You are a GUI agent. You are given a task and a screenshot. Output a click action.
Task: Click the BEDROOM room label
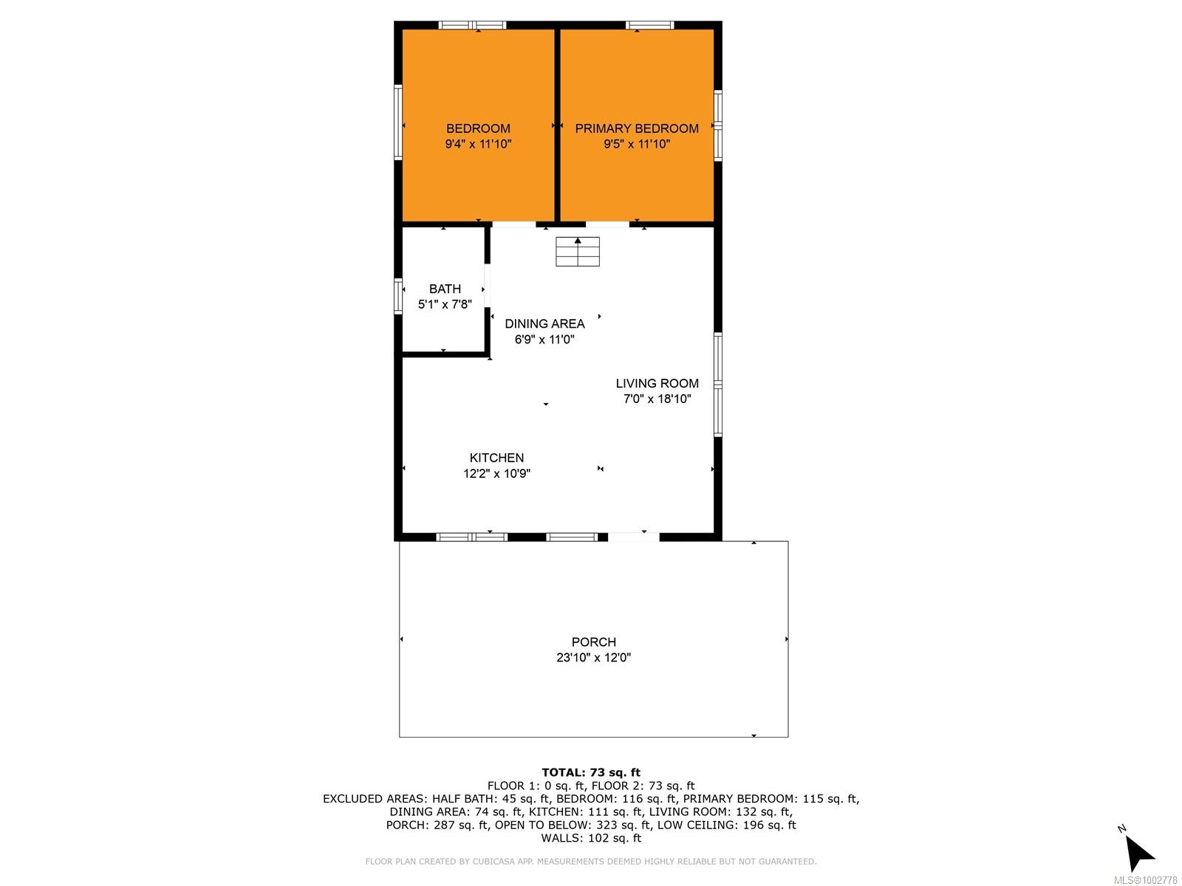click(478, 128)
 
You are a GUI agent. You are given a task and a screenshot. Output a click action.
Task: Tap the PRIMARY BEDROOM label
click(637, 128)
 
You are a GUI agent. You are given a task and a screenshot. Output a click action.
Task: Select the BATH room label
click(445, 289)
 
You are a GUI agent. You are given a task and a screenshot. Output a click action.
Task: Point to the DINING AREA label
click(544, 324)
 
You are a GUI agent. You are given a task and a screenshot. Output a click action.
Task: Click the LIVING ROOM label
click(657, 383)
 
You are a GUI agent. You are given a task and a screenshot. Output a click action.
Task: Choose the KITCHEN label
click(496, 458)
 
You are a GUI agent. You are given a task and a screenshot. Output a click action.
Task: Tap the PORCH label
click(593, 642)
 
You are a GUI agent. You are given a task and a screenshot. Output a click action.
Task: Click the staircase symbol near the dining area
click(577, 251)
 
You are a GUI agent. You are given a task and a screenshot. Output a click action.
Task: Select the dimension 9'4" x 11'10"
click(478, 144)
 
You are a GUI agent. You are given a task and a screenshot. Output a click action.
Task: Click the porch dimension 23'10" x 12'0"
click(593, 657)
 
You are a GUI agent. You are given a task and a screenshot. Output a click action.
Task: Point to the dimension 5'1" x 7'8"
click(445, 304)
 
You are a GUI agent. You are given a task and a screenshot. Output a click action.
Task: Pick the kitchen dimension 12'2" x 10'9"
click(496, 473)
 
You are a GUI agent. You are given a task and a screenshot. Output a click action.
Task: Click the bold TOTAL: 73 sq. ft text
click(591, 773)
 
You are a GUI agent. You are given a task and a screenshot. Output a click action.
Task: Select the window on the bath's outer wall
click(398, 296)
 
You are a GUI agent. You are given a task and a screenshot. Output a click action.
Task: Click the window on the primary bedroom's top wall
click(649, 25)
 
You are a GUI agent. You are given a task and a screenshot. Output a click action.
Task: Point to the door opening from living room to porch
click(633, 537)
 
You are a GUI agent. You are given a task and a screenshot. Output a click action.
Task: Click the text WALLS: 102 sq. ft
click(591, 838)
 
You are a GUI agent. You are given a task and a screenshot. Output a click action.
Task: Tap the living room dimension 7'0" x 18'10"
click(657, 399)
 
